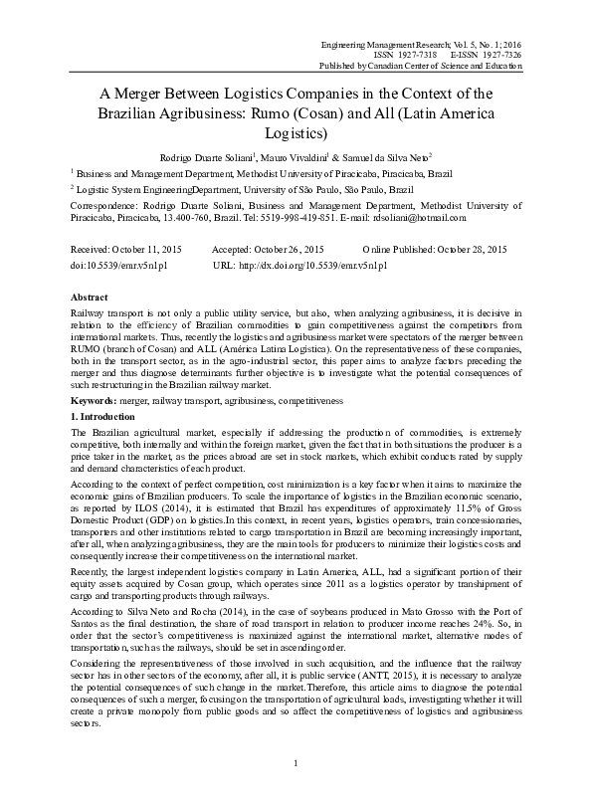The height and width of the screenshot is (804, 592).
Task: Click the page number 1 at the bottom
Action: (x=296, y=790)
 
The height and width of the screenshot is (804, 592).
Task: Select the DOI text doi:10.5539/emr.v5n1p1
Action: (x=117, y=268)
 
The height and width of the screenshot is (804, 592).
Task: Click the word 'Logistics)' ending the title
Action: (x=296, y=130)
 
